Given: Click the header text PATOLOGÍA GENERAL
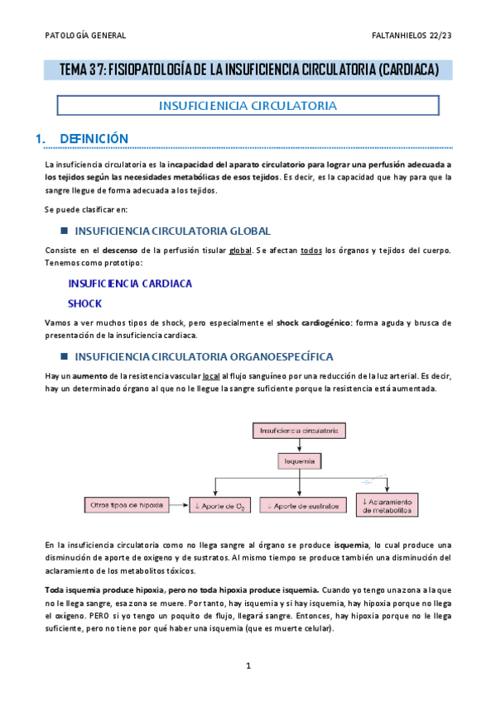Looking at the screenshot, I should click(85, 36).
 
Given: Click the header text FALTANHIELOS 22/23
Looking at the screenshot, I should click(412, 36).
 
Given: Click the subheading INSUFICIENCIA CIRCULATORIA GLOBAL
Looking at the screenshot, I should click(172, 231).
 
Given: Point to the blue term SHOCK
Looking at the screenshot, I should click(84, 303).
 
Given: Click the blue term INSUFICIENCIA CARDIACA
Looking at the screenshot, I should click(130, 284).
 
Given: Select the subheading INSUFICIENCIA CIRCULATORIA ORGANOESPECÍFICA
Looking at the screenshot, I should click(204, 356).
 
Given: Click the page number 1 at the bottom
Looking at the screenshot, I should click(248, 665).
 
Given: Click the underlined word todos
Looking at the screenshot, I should click(310, 250).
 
